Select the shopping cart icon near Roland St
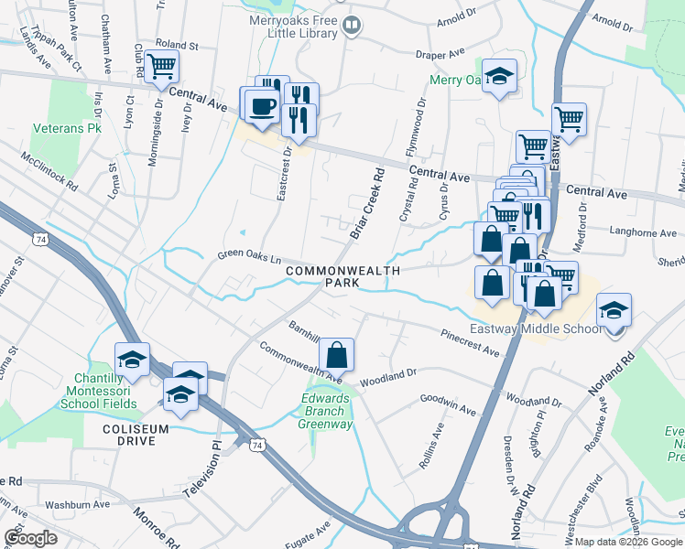[161, 65]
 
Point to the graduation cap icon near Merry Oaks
[500, 76]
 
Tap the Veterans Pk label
[68, 129]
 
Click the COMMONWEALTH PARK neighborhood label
[342, 276]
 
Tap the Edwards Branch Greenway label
[327, 411]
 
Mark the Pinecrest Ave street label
[470, 342]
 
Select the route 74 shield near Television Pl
[256, 444]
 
